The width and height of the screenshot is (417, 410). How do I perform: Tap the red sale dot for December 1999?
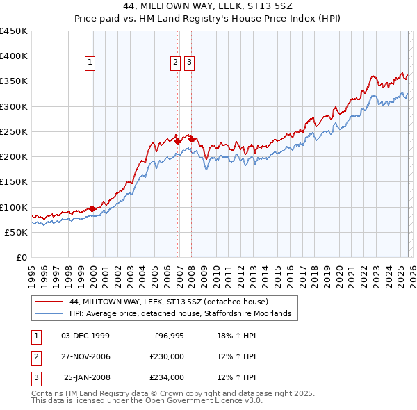pyautogui.click(x=92, y=208)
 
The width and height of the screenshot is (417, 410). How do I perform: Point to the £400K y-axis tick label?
pyautogui.click(x=14, y=56)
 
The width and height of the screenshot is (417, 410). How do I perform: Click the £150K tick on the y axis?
pyautogui.click(x=14, y=181)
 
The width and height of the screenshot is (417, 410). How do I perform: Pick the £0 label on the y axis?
pyautogui.click(x=21, y=257)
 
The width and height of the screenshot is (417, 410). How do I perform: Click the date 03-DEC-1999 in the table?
pyautogui.click(x=85, y=336)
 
